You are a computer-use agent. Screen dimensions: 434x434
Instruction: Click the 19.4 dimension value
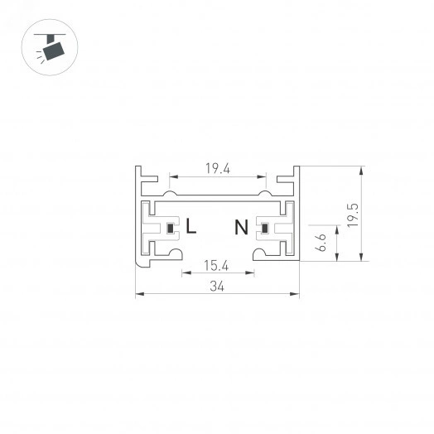(217, 168)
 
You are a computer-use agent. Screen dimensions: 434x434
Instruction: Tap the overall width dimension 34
(217, 287)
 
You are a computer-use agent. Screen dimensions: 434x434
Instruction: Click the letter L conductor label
(191, 226)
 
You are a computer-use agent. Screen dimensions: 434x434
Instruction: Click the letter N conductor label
(241, 226)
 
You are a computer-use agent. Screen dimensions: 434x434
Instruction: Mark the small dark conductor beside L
(171, 228)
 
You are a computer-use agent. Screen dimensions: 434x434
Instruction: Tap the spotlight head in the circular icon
(54, 52)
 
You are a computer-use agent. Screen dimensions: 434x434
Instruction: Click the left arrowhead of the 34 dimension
(138, 293)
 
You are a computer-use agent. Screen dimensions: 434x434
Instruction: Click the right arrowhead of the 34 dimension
(296, 293)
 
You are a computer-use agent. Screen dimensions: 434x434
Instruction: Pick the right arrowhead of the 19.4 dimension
(264, 176)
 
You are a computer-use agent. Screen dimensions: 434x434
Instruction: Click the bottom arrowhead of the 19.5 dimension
(362, 258)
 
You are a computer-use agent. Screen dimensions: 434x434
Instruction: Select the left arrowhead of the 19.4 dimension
(171, 176)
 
